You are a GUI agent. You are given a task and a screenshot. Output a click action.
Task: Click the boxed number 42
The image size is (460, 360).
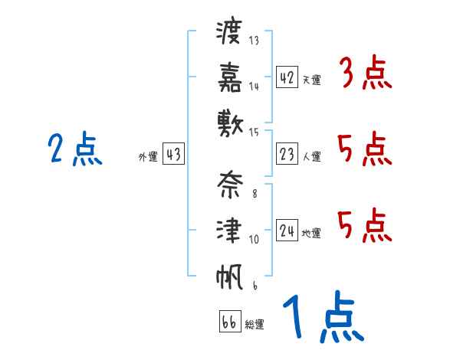pos(287,77)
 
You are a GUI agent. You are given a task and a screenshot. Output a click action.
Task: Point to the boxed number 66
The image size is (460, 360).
pos(229,322)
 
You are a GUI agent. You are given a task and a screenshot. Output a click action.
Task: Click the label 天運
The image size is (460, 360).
pos(311,80)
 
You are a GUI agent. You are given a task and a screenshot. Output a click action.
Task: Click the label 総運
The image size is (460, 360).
pos(255,324)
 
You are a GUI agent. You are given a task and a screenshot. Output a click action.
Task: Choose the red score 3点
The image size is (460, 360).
pos(365,74)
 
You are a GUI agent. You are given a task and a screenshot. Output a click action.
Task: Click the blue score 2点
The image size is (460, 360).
pos(74,150)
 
